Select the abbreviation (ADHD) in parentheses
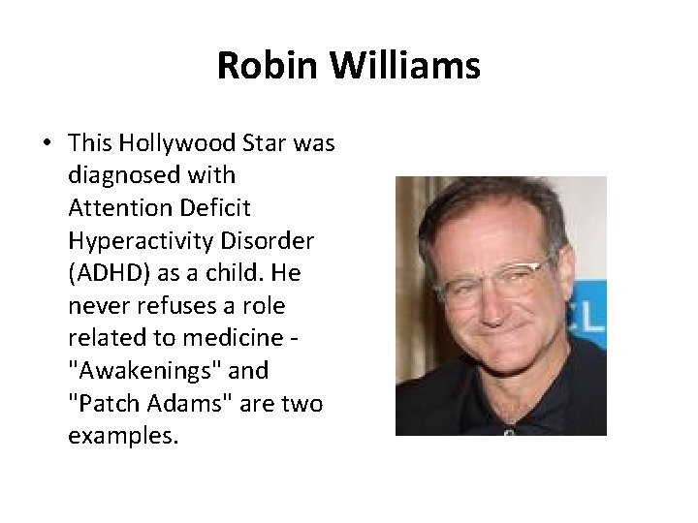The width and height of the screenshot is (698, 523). pos(104,274)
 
